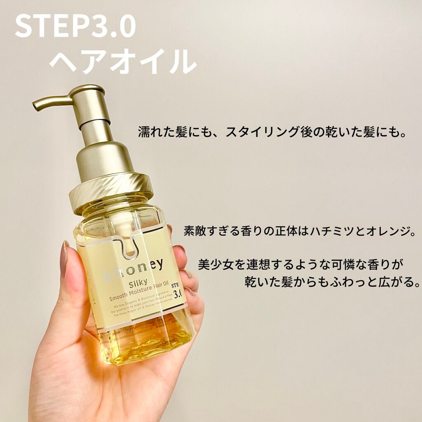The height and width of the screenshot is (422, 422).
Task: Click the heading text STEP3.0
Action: (75, 27)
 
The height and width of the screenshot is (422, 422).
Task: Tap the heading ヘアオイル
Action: (122, 62)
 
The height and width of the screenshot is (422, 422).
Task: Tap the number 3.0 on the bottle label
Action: (178, 294)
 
